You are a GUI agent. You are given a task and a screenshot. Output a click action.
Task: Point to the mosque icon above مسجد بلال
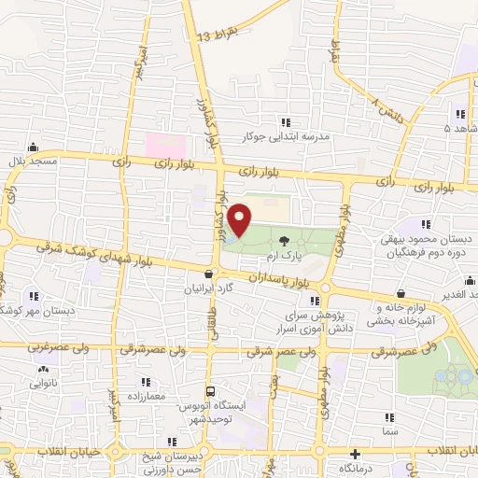click(34, 147)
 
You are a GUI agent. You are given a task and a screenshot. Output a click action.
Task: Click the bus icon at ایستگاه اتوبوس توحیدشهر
click(211, 392)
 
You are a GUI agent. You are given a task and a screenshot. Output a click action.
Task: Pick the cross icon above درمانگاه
click(354, 452)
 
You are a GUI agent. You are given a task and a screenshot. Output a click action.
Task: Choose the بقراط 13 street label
click(217, 36)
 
